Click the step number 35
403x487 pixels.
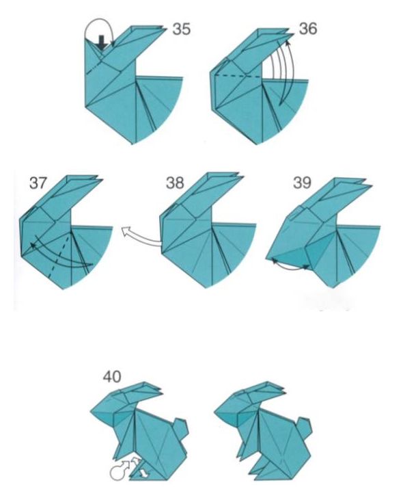click(182, 29)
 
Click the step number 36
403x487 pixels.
click(308, 28)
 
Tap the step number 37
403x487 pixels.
click(38, 183)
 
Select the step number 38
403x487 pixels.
click(175, 183)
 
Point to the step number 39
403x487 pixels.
click(302, 183)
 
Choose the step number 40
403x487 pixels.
click(112, 377)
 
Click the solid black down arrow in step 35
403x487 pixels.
click(102, 42)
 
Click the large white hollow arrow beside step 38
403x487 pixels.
click(141, 237)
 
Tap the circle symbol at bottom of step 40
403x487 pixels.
click(115, 473)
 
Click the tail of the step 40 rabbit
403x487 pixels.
click(180, 427)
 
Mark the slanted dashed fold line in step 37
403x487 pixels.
click(59, 254)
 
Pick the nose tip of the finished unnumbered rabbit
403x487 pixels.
click(215, 412)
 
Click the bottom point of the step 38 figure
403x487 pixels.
click(206, 287)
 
